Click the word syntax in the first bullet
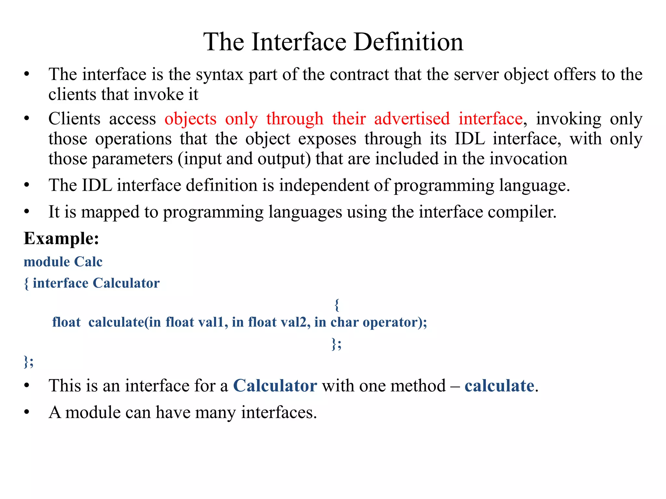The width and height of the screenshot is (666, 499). point(220,75)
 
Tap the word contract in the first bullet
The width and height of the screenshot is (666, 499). point(359,75)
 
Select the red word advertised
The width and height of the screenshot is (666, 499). point(412,119)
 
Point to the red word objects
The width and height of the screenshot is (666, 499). point(191,119)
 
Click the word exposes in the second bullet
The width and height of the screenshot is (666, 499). point(327,139)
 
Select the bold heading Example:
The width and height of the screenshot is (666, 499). point(61,238)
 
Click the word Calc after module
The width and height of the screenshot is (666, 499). point(88,262)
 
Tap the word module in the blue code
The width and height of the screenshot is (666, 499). point(47,262)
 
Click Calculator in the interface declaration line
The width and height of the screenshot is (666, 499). point(126,283)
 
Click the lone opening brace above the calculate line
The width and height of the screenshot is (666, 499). point(337,305)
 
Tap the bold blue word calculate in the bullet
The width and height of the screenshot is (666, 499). point(499,386)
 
